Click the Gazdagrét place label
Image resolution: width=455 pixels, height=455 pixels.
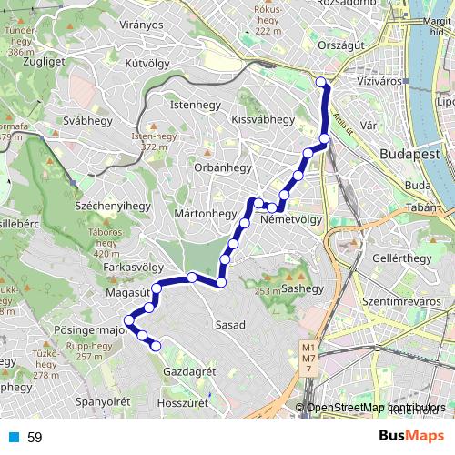coord(188,373)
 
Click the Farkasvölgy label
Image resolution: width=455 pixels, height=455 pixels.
coord(134,268)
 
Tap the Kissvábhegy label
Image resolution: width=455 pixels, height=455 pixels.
coord(263,119)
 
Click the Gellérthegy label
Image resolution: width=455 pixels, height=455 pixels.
coord(401,258)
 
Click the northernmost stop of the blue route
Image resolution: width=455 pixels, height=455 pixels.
coord(320,83)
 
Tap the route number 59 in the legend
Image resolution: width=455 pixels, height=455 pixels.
coord(35,438)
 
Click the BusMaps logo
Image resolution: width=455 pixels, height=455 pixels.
coord(410,437)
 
